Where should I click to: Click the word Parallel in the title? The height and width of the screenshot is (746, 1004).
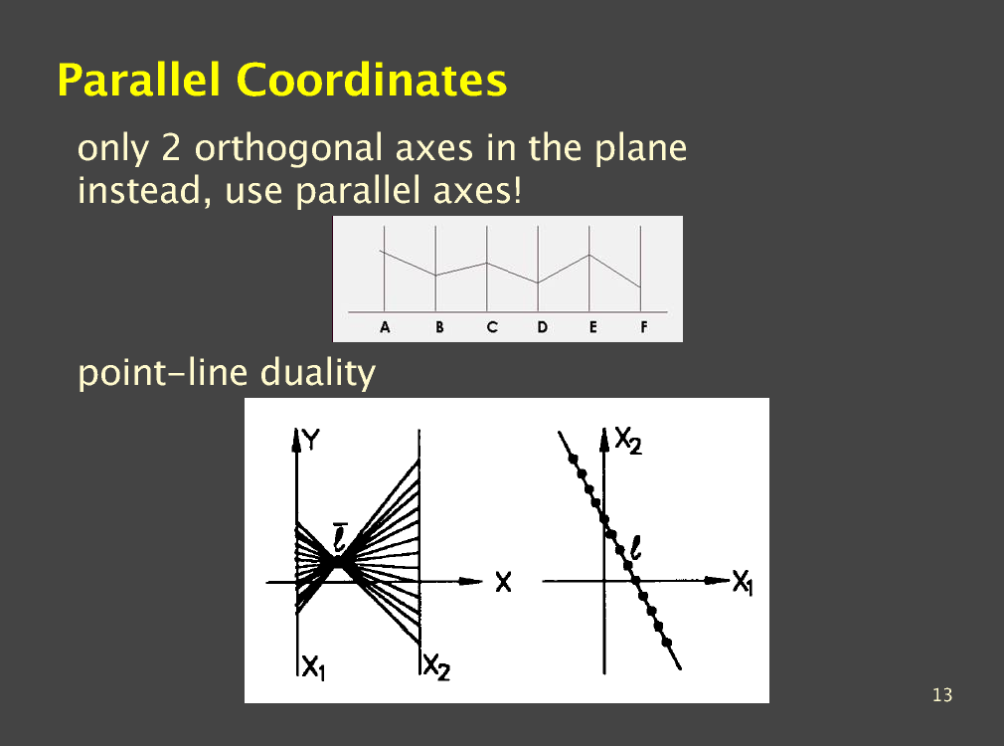(x=139, y=80)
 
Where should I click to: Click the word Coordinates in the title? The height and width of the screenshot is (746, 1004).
(x=372, y=80)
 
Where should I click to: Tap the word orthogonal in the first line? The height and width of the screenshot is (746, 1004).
(x=289, y=149)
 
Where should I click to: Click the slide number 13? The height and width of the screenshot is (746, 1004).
(x=942, y=694)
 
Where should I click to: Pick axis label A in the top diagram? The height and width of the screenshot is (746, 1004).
(x=385, y=327)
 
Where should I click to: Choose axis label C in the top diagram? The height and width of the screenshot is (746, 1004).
(x=492, y=327)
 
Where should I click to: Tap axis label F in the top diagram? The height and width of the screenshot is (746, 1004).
(x=643, y=327)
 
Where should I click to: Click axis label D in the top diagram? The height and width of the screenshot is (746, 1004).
(x=543, y=327)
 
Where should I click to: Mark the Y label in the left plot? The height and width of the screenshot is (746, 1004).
(x=311, y=440)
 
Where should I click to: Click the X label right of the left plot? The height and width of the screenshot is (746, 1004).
(x=503, y=583)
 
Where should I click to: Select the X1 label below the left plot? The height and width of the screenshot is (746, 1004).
(x=314, y=667)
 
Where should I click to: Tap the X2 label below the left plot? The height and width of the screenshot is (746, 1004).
(x=436, y=667)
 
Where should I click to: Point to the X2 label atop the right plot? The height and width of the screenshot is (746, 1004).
(x=628, y=441)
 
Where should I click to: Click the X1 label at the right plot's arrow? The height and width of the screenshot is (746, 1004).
(x=743, y=583)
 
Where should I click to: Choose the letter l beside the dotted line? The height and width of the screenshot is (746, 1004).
(x=636, y=549)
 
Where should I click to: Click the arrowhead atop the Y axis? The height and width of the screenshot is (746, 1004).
(x=296, y=440)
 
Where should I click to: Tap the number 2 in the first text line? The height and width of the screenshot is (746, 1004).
(x=171, y=147)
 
